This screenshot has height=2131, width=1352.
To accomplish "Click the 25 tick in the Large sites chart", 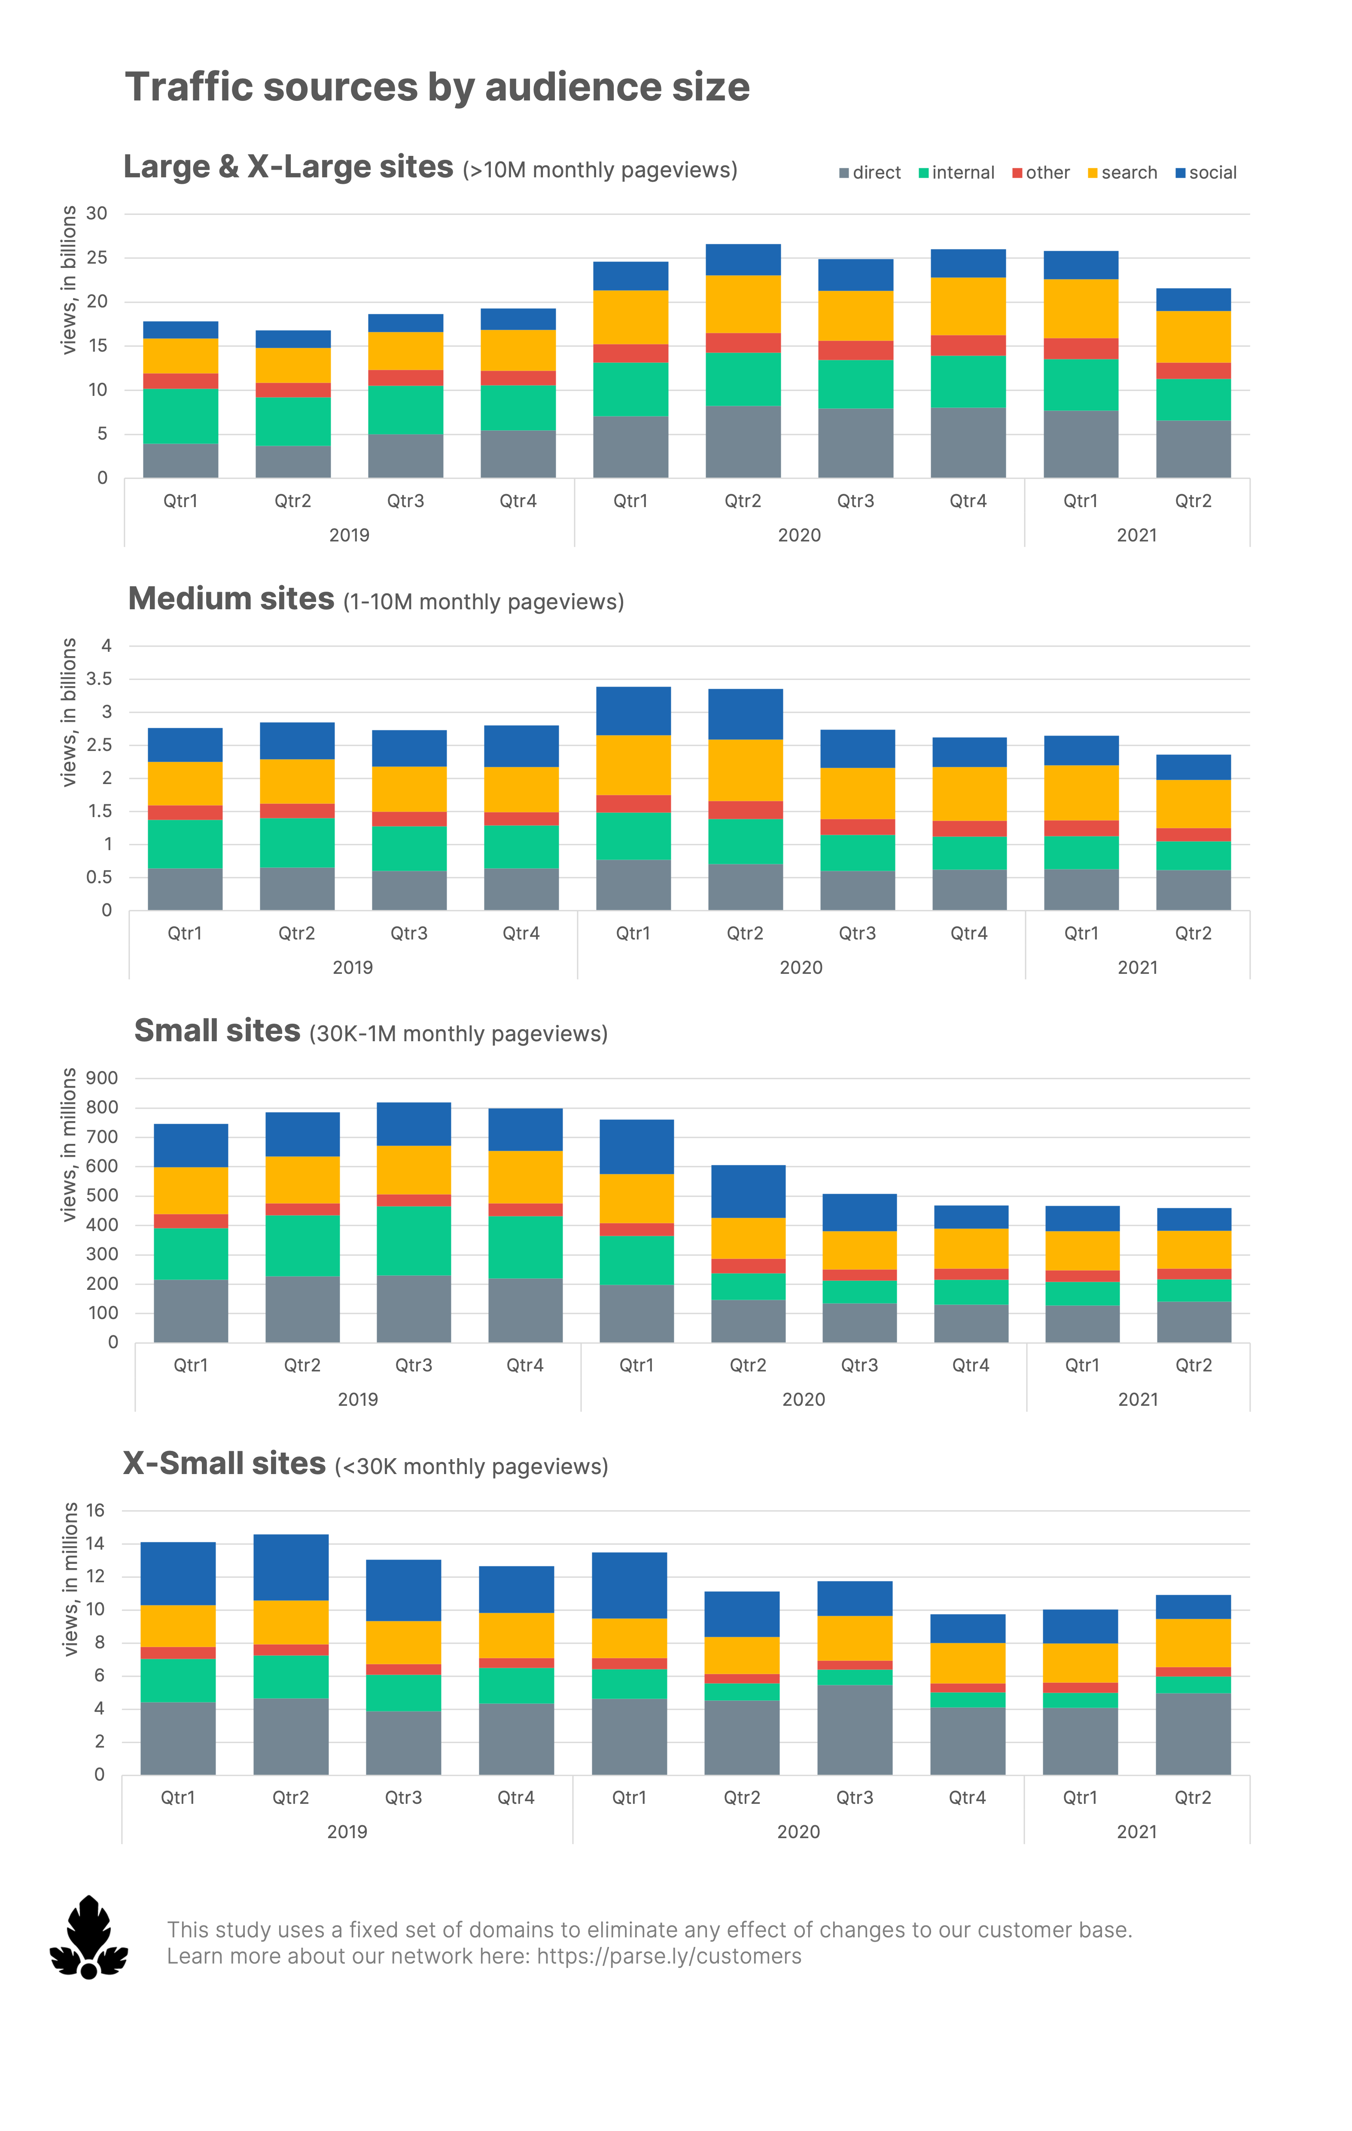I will point(97,258).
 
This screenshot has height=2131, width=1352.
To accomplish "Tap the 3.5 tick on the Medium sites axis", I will point(99,679).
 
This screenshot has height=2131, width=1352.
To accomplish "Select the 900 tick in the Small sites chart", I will point(102,1078).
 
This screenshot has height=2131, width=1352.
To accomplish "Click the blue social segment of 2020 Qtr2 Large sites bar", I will point(743,259).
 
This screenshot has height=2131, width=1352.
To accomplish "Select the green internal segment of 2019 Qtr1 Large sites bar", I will point(181,416).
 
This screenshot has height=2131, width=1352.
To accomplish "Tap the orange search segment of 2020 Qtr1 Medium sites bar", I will point(633,765).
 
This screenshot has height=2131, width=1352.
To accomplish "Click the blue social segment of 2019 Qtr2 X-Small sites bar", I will point(290,1567).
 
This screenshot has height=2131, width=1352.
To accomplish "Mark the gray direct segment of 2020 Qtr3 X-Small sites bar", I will point(854,1729).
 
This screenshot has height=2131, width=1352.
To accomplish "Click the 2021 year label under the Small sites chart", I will point(1138,1399).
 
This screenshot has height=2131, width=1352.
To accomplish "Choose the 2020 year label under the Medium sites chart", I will point(801,967).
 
